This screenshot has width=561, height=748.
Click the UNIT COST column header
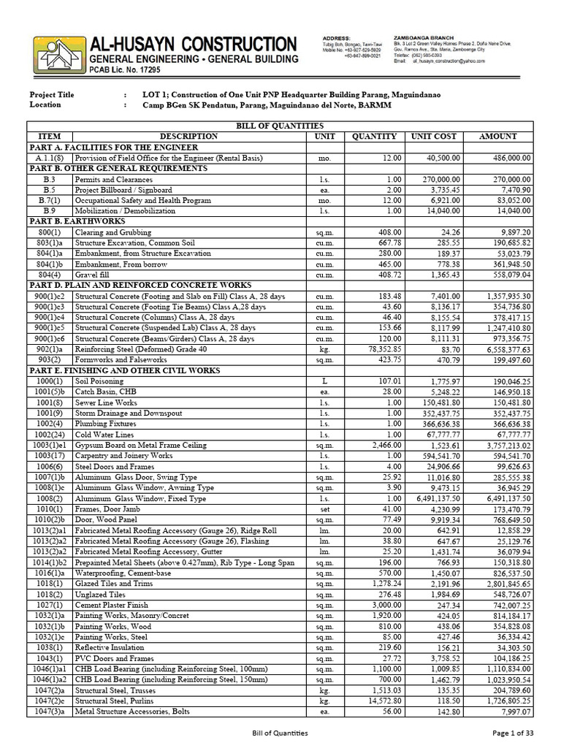(x=433, y=137)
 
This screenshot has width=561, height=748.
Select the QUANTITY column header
(x=374, y=137)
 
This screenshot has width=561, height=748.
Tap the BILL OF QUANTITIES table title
(x=280, y=126)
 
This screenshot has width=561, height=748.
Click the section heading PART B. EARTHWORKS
(x=72, y=221)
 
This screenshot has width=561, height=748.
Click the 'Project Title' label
(x=51, y=95)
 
